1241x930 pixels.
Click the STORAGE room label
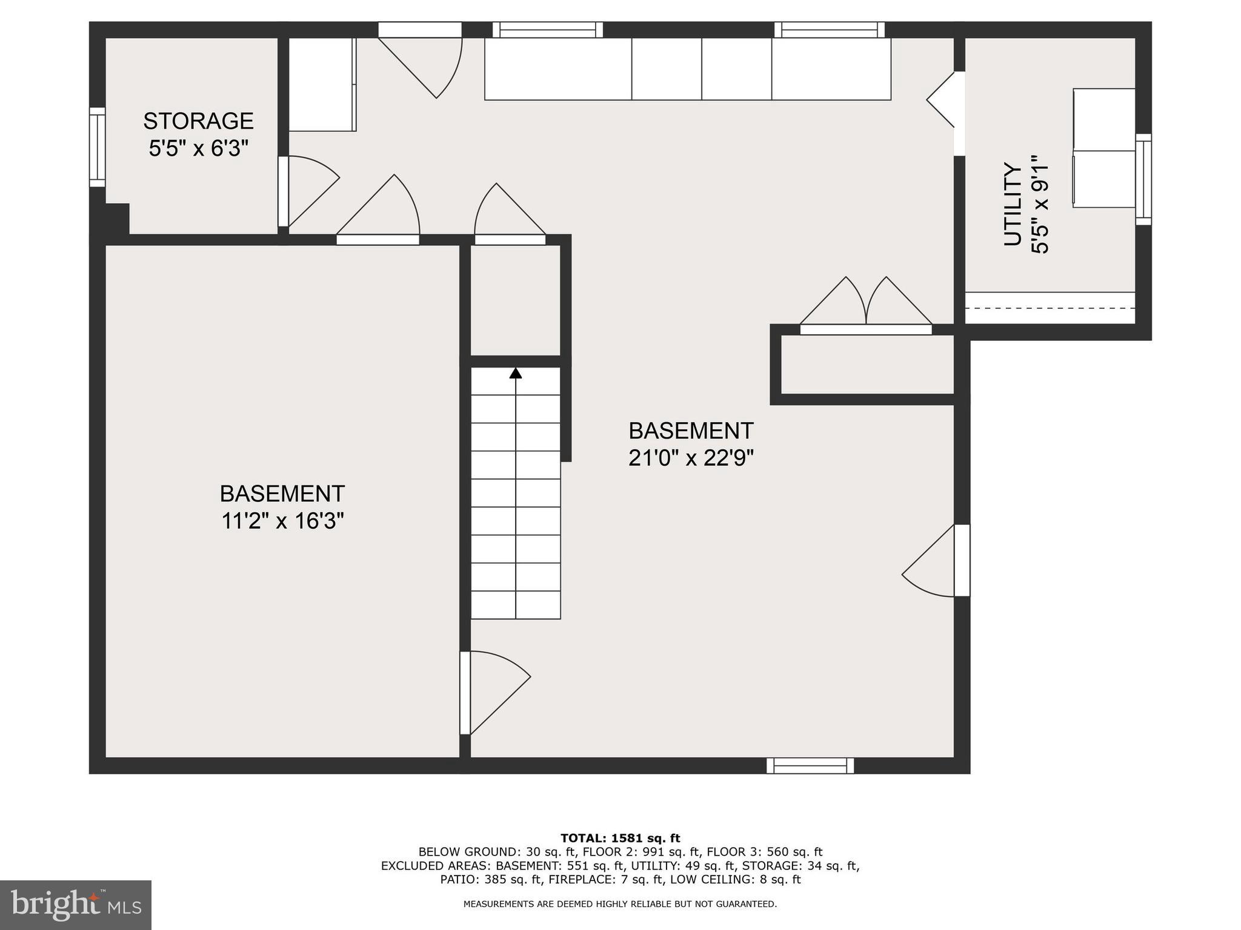point(198,121)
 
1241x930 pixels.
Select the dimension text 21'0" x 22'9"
point(691,458)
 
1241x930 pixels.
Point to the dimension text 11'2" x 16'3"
point(282,521)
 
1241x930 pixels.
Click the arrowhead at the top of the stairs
point(516,373)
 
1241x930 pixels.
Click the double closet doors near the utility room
point(866,303)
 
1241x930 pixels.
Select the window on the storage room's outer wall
point(97,147)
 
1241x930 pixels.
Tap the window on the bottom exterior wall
point(810,766)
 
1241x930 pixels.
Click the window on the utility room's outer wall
point(1143,179)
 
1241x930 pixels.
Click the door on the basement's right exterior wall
point(936,561)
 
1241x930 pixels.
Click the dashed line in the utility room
point(1050,308)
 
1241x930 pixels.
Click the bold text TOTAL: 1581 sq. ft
point(620,839)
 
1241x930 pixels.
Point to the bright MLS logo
point(75,905)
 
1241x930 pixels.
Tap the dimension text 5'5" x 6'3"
point(198,148)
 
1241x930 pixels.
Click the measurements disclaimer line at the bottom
point(620,904)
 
